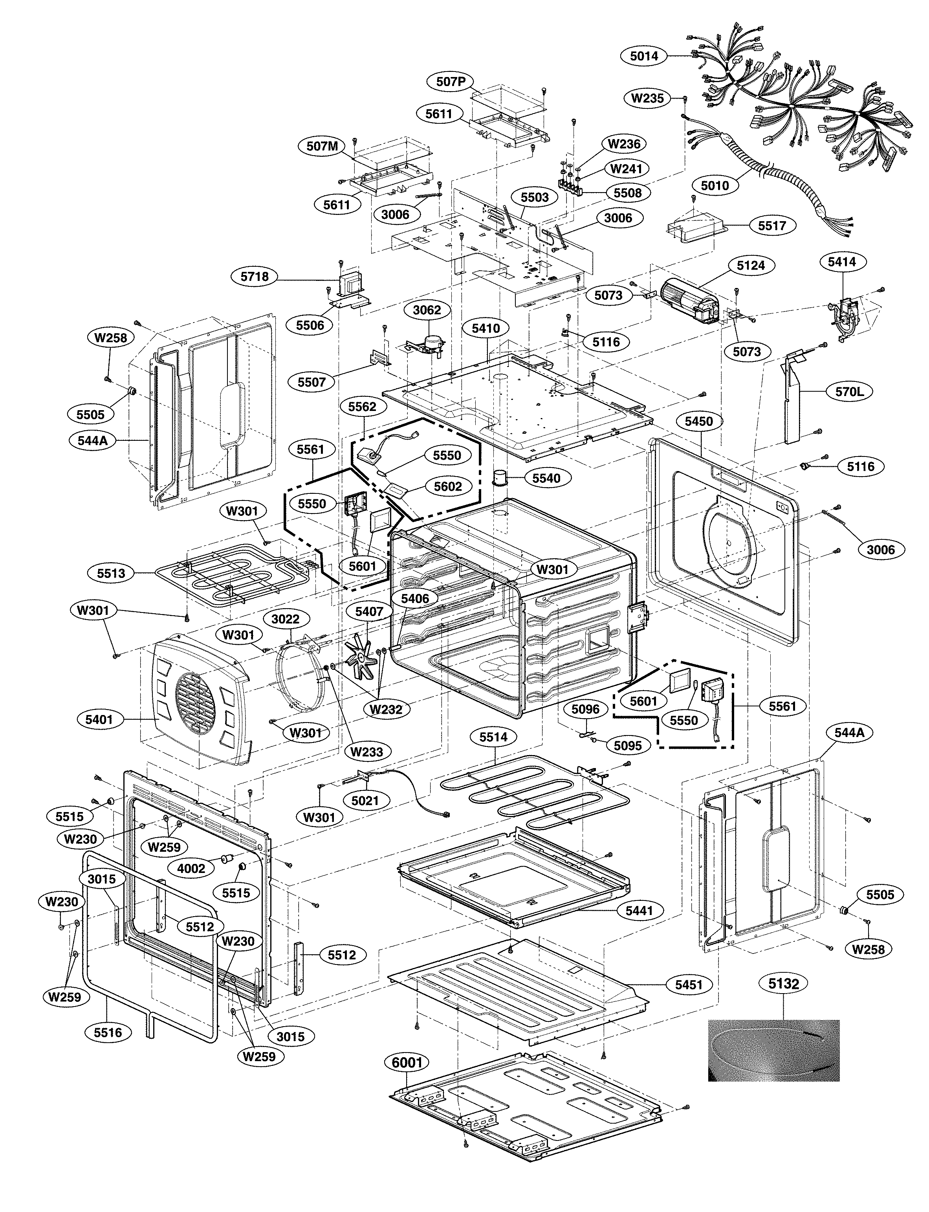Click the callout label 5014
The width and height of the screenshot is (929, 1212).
tap(644, 56)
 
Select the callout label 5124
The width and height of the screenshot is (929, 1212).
tap(750, 266)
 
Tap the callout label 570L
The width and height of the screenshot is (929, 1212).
tap(849, 392)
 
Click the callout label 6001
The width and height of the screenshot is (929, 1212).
tap(407, 1062)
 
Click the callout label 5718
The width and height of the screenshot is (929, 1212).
tap(255, 277)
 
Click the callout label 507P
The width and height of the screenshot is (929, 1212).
tap(451, 82)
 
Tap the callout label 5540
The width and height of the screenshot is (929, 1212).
tap(546, 478)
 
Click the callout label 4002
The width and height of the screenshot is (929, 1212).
tap(191, 869)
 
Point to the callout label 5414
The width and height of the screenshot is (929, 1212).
tap(842, 262)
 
